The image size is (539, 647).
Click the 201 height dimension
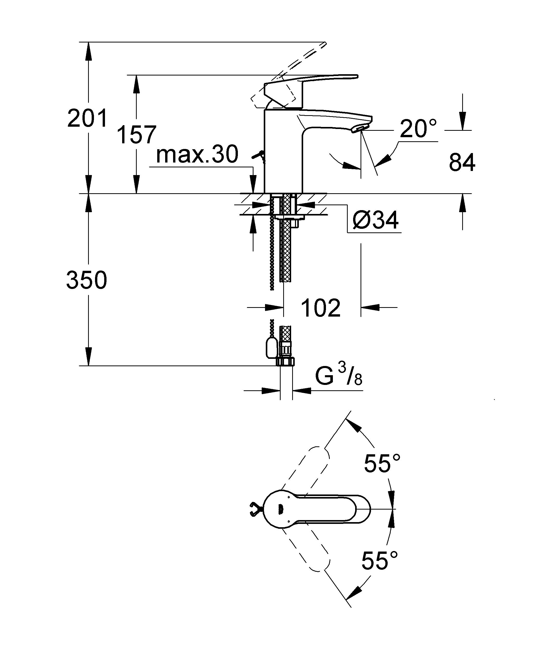tap(88, 118)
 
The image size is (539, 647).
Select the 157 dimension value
tap(137, 135)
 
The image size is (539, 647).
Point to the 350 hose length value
tap(87, 280)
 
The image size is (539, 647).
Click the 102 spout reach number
tap(321, 308)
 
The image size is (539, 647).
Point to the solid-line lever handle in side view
tap(311, 89)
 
